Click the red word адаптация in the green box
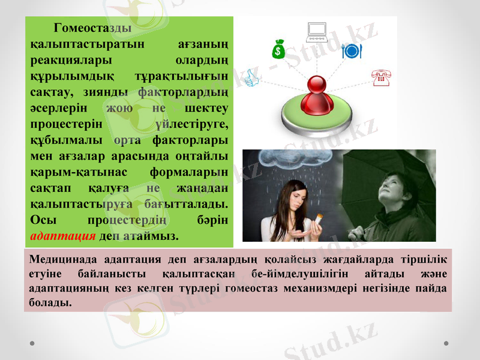(63, 235)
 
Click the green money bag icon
(278, 49)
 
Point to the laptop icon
(316, 32)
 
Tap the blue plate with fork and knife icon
(350, 51)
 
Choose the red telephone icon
(379, 77)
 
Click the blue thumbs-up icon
(252, 79)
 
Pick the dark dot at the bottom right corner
(446, 343)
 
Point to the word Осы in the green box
(43, 219)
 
